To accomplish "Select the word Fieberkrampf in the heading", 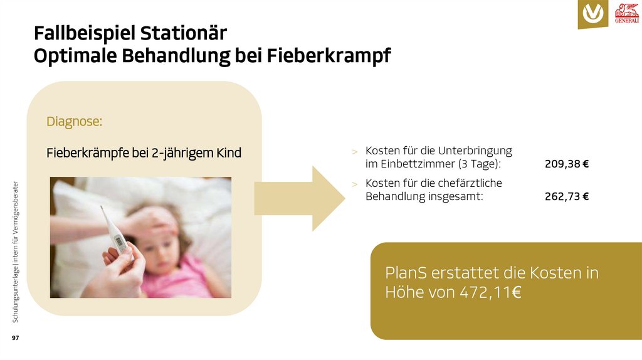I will point(329,56).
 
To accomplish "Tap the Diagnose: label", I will point(74,122).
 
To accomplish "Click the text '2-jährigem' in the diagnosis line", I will point(181,153).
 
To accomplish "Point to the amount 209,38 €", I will point(567,164).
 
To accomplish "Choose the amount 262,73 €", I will point(567,196).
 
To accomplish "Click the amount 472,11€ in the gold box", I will point(490,292).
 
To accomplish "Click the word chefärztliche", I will point(472,183).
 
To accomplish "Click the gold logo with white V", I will point(592,14).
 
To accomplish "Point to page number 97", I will point(16,338).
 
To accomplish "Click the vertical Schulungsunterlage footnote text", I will point(16,251).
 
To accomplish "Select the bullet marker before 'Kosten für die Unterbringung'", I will point(354,152).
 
